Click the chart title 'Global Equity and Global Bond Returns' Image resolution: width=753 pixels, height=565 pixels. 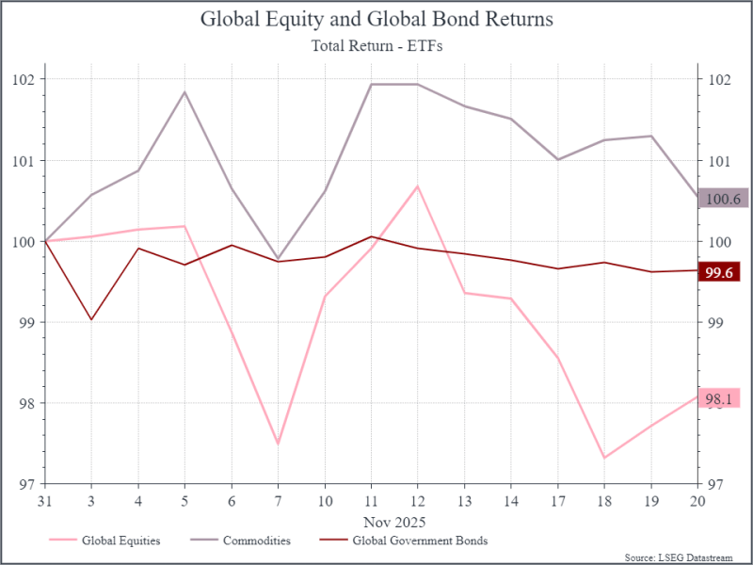pos(376,20)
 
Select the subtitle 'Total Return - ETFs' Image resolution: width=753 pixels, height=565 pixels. pos(376,43)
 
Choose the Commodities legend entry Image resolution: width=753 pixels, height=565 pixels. pos(256,541)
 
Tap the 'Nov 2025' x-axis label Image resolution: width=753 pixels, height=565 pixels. pos(394,521)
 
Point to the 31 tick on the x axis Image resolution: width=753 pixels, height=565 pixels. pos(44,500)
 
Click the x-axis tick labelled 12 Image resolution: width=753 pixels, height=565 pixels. pos(417,500)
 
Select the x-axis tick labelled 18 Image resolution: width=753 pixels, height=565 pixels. pos(603,500)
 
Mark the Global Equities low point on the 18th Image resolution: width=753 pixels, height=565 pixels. pos(603,458)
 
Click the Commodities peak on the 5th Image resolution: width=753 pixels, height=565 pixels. pos(184,91)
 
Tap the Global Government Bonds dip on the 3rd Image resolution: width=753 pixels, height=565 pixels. pos(91,320)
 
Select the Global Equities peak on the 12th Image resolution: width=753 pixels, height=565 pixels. pos(417,186)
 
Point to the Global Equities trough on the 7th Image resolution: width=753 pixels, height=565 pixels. pos(278,444)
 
